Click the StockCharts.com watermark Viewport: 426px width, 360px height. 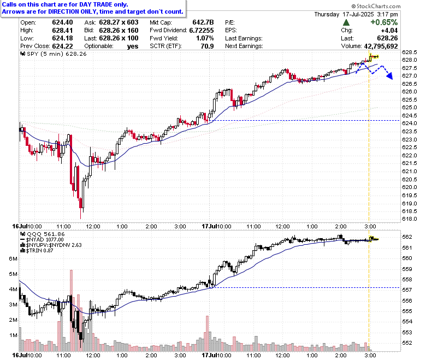coord(376,6)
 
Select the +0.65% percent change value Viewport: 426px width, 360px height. coord(384,22)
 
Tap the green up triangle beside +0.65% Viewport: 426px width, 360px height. coord(346,22)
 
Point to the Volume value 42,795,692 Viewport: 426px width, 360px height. coord(381,46)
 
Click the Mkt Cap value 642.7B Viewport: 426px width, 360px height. coord(203,22)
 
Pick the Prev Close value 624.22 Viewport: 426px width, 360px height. coord(62,46)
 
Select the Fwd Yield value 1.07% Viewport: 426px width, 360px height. coord(205,38)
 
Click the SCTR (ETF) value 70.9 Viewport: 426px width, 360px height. coord(208,46)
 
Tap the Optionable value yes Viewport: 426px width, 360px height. coord(133,46)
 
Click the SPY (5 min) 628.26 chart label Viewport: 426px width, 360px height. coord(54,54)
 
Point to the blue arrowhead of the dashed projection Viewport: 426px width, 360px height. coord(389,76)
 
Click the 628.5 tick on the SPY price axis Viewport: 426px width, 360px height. coord(410,52)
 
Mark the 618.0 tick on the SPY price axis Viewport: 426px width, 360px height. coord(410,219)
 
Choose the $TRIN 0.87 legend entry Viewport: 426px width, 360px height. coord(37,250)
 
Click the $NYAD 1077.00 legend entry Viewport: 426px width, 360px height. coord(42,239)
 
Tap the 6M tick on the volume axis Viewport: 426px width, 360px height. coord(13,258)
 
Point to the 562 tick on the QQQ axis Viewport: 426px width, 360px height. coord(407,237)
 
